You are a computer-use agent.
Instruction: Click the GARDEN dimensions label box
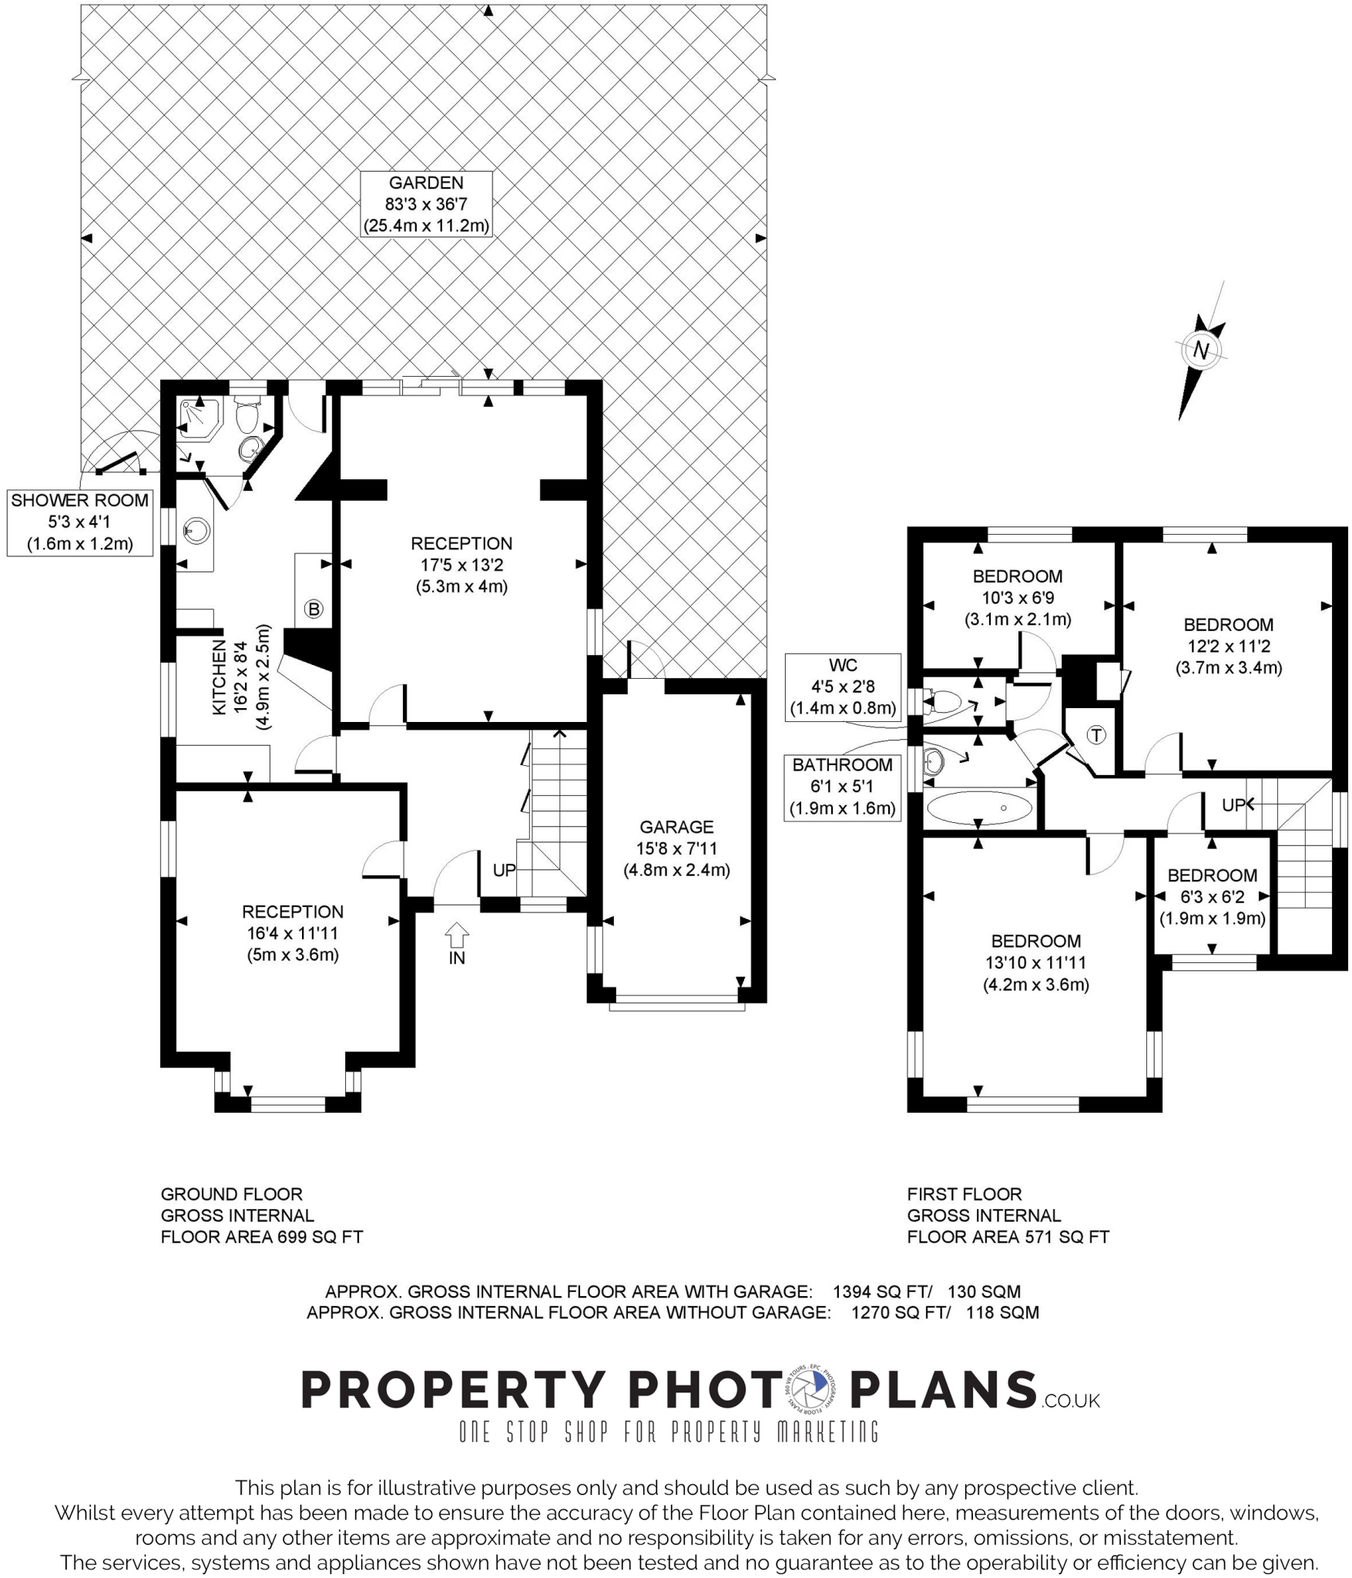[x=426, y=204]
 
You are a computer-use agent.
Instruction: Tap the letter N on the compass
[x=1200, y=351]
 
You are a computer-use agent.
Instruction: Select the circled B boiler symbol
[x=314, y=609]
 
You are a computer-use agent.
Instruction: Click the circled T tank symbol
[x=1095, y=735]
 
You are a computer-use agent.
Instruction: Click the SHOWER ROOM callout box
[x=80, y=522]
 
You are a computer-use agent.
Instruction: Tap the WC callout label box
[x=843, y=687]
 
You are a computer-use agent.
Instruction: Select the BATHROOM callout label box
[x=842, y=787]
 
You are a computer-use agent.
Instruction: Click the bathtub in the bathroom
[x=978, y=808]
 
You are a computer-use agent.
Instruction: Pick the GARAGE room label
[x=676, y=827]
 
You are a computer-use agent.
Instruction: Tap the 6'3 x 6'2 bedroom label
[x=1212, y=897]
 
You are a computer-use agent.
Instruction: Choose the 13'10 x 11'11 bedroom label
[x=1035, y=962]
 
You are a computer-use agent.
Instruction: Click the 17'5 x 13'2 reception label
[x=461, y=565]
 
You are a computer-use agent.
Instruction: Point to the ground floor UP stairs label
[x=504, y=870]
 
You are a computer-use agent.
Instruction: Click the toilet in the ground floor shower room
[x=247, y=417]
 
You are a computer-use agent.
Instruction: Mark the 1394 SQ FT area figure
[x=882, y=1291]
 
